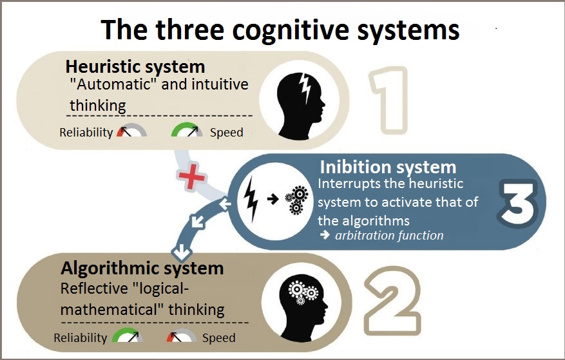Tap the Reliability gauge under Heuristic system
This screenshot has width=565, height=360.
pyautogui.click(x=131, y=131)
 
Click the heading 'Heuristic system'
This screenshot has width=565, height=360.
pyautogui.click(x=135, y=66)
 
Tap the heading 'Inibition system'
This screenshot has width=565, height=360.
pyautogui.click(x=388, y=167)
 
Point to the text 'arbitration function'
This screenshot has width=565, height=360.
pyautogui.click(x=389, y=235)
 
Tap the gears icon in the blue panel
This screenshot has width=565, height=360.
pyautogui.click(x=296, y=199)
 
